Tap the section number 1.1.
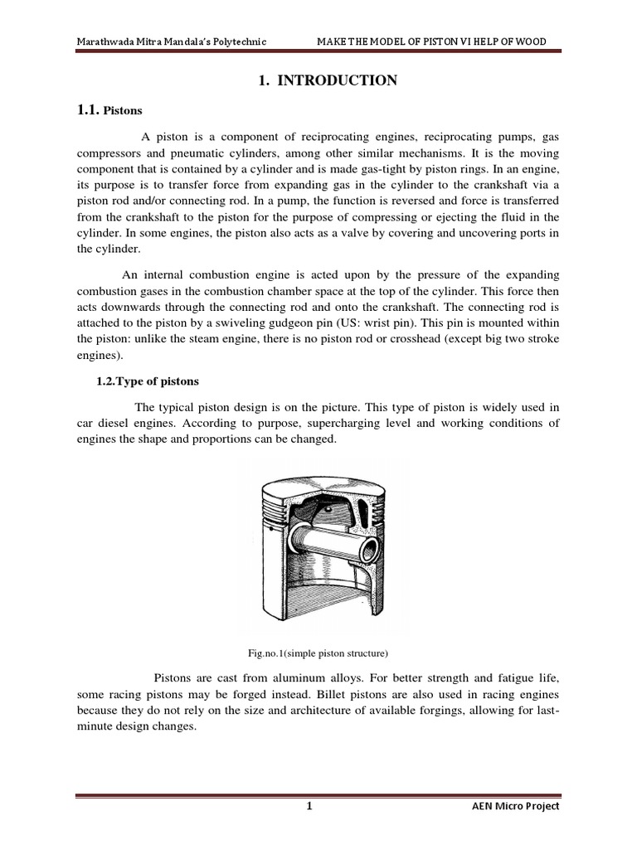(87, 109)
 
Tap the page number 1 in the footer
(309, 807)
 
